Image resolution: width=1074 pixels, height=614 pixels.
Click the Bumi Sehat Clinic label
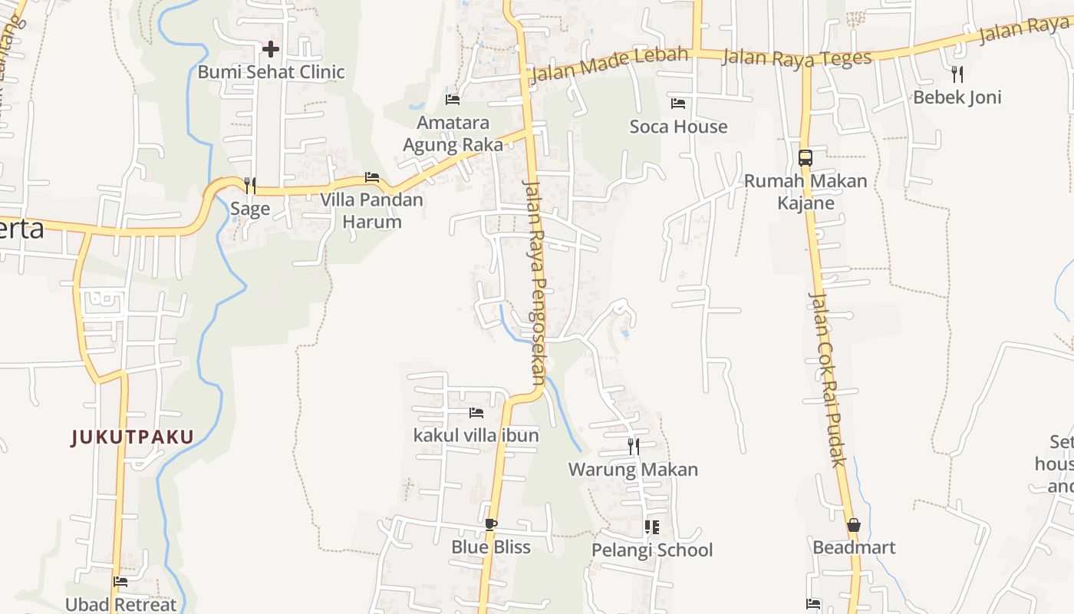click(271, 72)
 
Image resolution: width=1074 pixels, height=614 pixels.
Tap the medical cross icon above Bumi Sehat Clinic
click(270, 50)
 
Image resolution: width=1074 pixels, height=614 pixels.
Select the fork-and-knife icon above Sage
click(249, 185)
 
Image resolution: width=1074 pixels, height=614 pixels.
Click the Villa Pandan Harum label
click(371, 210)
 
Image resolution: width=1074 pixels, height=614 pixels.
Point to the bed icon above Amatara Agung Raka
click(453, 100)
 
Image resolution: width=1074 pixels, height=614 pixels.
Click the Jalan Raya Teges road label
click(797, 57)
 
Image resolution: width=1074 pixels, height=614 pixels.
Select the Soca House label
click(678, 127)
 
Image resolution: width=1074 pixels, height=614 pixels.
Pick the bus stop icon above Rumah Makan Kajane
click(805, 158)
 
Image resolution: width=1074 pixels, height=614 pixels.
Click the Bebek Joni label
click(957, 97)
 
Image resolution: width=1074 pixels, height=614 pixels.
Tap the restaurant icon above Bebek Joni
click(957, 74)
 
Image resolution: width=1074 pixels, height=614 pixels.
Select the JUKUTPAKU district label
click(133, 437)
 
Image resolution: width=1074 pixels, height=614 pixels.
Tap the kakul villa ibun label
click(476, 435)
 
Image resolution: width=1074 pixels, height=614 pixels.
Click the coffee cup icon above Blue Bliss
click(490, 525)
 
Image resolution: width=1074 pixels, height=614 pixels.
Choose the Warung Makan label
click(633, 470)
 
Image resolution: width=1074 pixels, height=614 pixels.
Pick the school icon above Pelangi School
click(651, 527)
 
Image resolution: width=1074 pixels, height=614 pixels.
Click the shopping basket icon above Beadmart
click(853, 526)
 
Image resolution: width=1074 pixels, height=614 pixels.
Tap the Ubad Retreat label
click(120, 605)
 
